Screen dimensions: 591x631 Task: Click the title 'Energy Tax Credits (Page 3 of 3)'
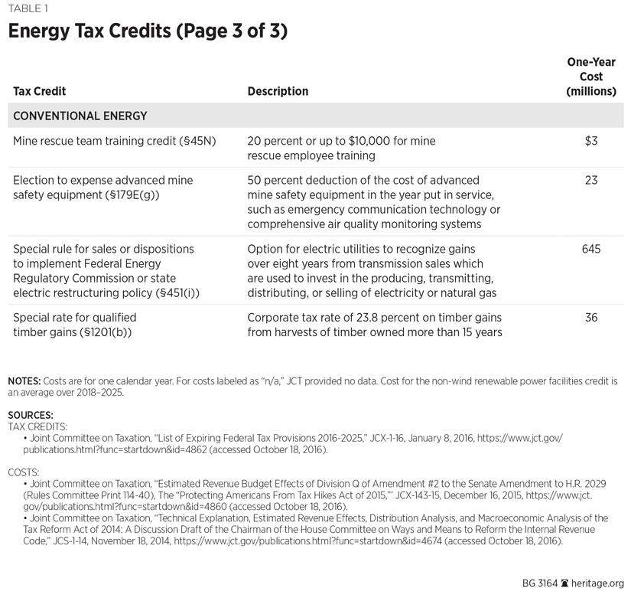(x=148, y=32)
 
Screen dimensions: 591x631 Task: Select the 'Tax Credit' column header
(x=40, y=91)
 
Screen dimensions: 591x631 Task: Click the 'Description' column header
(x=278, y=91)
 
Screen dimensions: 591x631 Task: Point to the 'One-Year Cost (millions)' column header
(x=590, y=77)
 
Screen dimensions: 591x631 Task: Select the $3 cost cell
(x=590, y=141)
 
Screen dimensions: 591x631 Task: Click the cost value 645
(x=590, y=250)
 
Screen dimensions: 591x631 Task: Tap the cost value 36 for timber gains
(x=590, y=318)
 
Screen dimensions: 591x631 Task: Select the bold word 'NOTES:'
(x=24, y=381)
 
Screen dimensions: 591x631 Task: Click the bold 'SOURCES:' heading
(x=31, y=415)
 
